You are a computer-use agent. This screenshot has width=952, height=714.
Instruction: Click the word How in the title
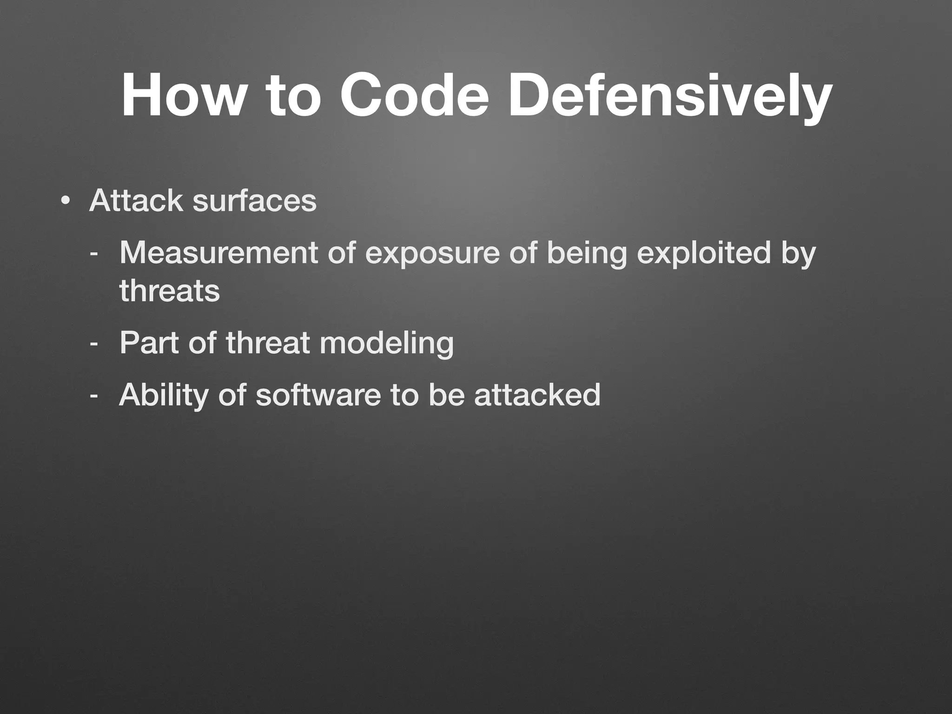[x=182, y=96]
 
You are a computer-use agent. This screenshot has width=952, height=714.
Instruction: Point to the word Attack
[x=136, y=201]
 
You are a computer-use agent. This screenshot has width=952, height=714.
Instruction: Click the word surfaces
[x=254, y=201]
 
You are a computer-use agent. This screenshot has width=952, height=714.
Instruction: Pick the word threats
[x=169, y=291]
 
